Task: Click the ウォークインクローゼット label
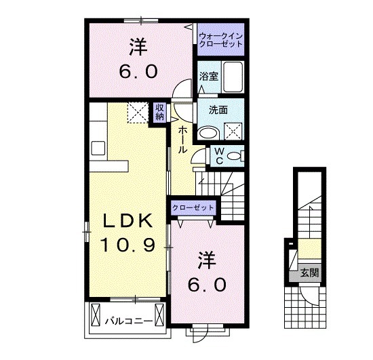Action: click(x=220, y=38)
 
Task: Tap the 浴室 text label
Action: click(x=208, y=77)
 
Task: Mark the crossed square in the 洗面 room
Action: click(x=233, y=129)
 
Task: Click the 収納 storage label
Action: click(x=159, y=112)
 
